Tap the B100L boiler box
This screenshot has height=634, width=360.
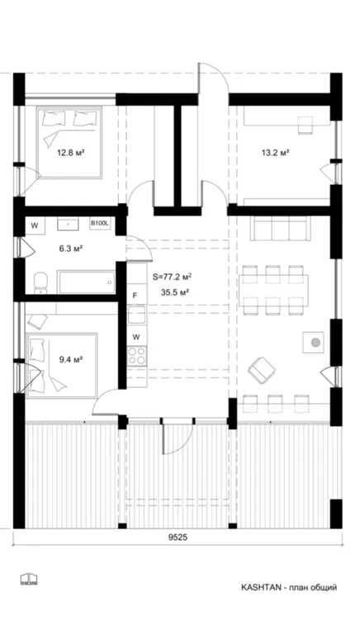click(x=99, y=224)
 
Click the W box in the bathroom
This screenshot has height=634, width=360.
click(x=36, y=225)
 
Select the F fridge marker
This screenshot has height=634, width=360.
click(x=135, y=295)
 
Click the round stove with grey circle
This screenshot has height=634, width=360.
click(x=314, y=340)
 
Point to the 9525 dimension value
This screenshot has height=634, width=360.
click(x=178, y=537)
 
